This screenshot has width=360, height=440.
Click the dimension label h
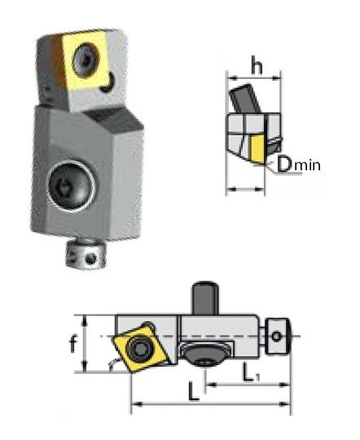pos(257,65)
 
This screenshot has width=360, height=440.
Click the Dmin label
pos(299,165)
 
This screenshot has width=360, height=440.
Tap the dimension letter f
pos(73,344)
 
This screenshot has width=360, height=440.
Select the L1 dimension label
pos(252,373)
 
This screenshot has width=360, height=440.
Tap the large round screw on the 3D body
pos(71,185)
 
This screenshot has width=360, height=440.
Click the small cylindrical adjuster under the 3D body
pos(86,254)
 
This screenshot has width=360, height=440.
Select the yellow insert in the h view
pos(257,149)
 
